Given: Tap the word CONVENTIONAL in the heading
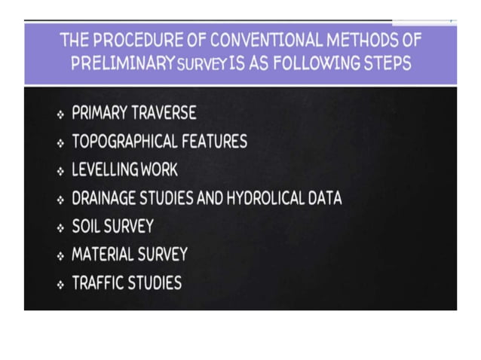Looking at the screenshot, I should (256, 40).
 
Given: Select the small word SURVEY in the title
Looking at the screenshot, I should (199, 65).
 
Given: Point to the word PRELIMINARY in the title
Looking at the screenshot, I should (124, 63).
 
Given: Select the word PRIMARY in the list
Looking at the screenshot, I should (99, 114).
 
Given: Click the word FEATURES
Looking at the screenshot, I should (220, 142).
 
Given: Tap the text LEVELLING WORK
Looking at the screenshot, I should (124, 170).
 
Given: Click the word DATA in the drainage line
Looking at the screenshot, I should (326, 199).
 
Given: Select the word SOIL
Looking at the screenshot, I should (85, 227).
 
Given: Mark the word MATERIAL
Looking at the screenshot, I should (104, 255).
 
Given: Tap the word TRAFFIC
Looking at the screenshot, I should (97, 284).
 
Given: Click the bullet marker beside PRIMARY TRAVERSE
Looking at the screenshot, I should (60, 114).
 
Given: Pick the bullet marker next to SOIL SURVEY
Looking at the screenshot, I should (60, 227).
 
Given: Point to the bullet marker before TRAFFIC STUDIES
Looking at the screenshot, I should (60, 285).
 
